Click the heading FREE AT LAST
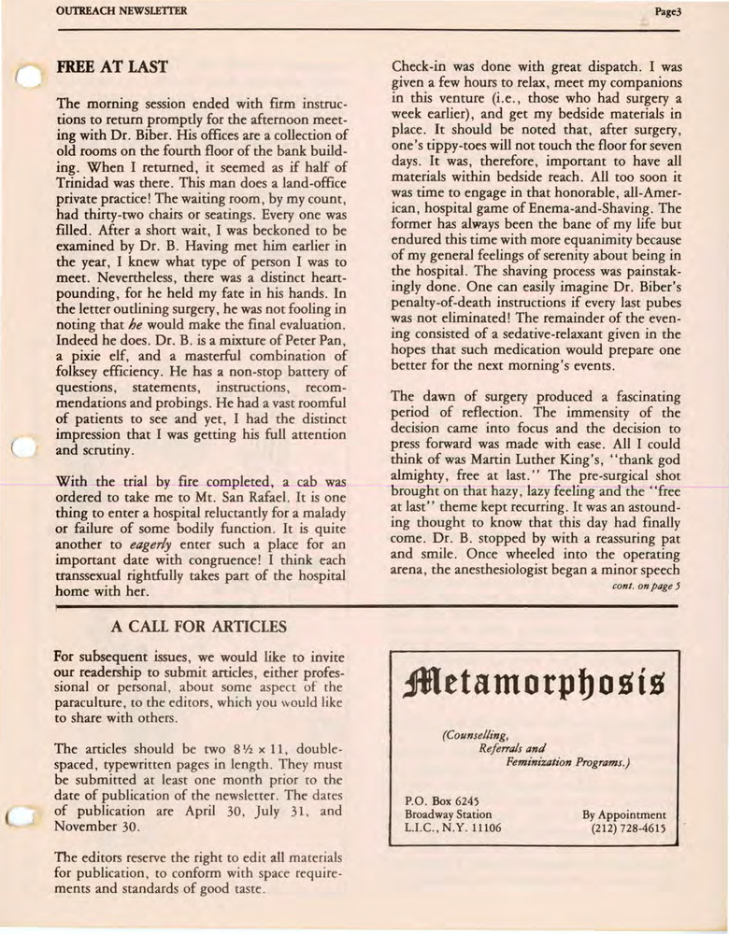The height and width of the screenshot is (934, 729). [112, 67]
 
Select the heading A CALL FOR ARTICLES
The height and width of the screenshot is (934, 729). [198, 626]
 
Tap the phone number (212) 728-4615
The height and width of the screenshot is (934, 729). [629, 828]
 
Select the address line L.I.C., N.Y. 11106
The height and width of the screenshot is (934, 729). [453, 828]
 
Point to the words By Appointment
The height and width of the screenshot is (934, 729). [624, 814]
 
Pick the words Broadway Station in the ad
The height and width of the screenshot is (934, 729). [449, 814]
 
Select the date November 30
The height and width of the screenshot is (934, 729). [97, 827]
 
